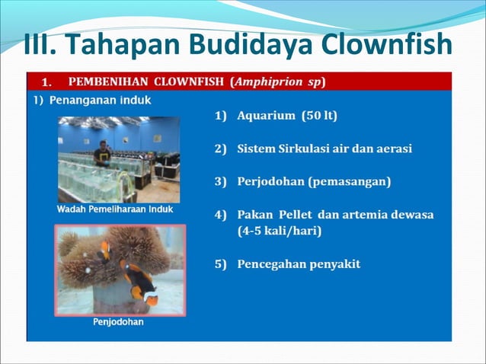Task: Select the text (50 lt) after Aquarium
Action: tap(319, 117)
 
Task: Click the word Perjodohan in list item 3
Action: tap(273, 182)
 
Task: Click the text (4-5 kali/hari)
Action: tap(279, 230)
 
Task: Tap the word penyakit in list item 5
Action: tap(331, 264)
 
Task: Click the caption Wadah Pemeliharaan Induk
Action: tap(115, 209)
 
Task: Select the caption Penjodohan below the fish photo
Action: tap(118, 322)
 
